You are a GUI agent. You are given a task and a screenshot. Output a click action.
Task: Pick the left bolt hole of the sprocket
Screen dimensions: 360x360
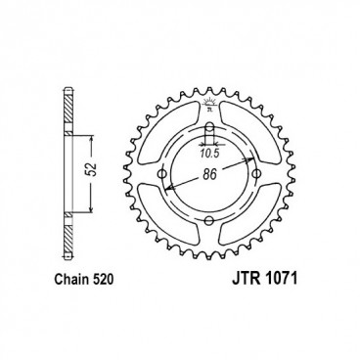coord(160,176)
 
